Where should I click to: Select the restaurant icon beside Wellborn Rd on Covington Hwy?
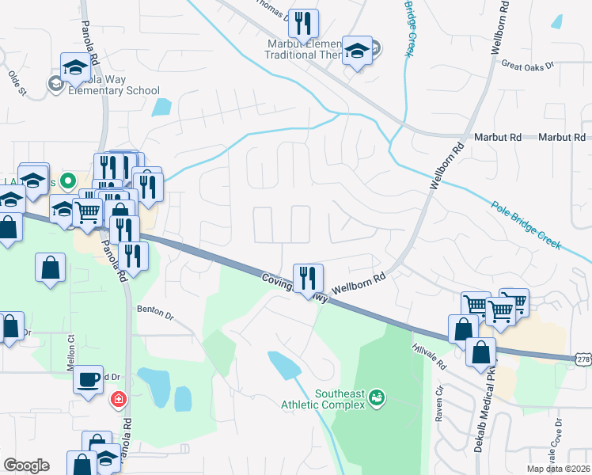tap(308, 278)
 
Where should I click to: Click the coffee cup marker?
tap(89, 378)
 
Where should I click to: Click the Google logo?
tap(26, 465)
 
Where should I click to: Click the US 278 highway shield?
tap(583, 359)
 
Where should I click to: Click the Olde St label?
tap(17, 83)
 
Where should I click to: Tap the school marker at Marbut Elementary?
tap(357, 51)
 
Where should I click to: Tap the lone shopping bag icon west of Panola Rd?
tap(50, 267)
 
